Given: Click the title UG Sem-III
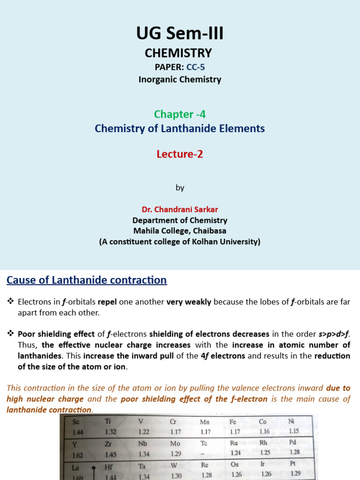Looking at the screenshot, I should (180, 34).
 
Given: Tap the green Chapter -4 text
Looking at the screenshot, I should (180, 114).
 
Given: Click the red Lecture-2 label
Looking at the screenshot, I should (180, 154).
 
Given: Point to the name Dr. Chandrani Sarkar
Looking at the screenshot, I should (180, 209).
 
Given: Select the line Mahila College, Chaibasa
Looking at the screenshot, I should (180, 231).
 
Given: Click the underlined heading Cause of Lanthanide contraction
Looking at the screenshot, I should (86, 280).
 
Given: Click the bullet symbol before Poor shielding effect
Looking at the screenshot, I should (11, 334).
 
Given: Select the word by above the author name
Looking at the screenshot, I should (180, 187).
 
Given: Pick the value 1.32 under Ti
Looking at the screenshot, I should (110, 431).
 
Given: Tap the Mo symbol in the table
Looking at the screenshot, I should (175, 443).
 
